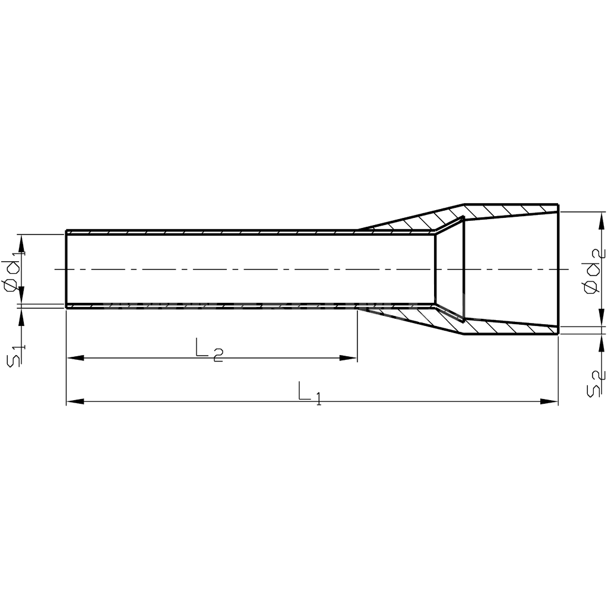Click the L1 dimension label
click(310, 393)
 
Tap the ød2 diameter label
click(594, 271)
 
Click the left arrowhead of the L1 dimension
click(75, 401)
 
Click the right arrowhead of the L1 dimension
click(549, 401)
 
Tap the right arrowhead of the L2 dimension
click(348, 358)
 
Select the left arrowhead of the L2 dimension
click(75, 358)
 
